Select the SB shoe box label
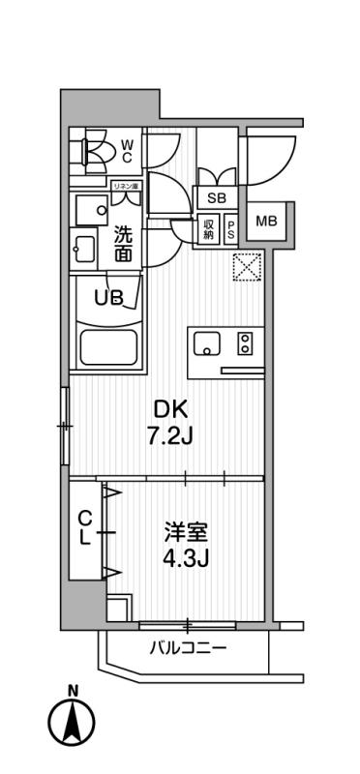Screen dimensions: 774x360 217,197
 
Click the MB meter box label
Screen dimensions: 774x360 266,222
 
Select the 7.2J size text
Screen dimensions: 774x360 171,436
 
